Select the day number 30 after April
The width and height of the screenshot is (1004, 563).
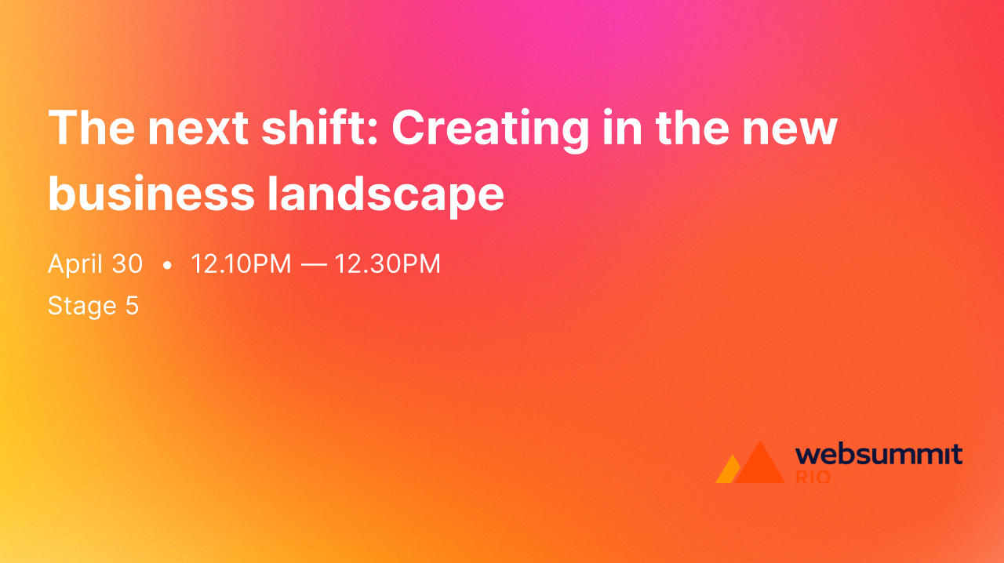pyautogui.click(x=127, y=264)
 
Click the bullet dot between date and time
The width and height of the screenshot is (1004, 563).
pyautogui.click(x=166, y=266)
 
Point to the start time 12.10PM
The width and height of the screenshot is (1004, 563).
pyautogui.click(x=241, y=264)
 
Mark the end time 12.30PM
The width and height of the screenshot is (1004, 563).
pyautogui.click(x=387, y=264)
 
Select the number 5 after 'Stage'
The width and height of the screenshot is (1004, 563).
pyautogui.click(x=132, y=306)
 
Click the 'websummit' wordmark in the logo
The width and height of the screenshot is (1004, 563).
pyautogui.click(x=878, y=454)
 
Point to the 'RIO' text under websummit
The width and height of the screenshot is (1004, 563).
pyautogui.click(x=813, y=477)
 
